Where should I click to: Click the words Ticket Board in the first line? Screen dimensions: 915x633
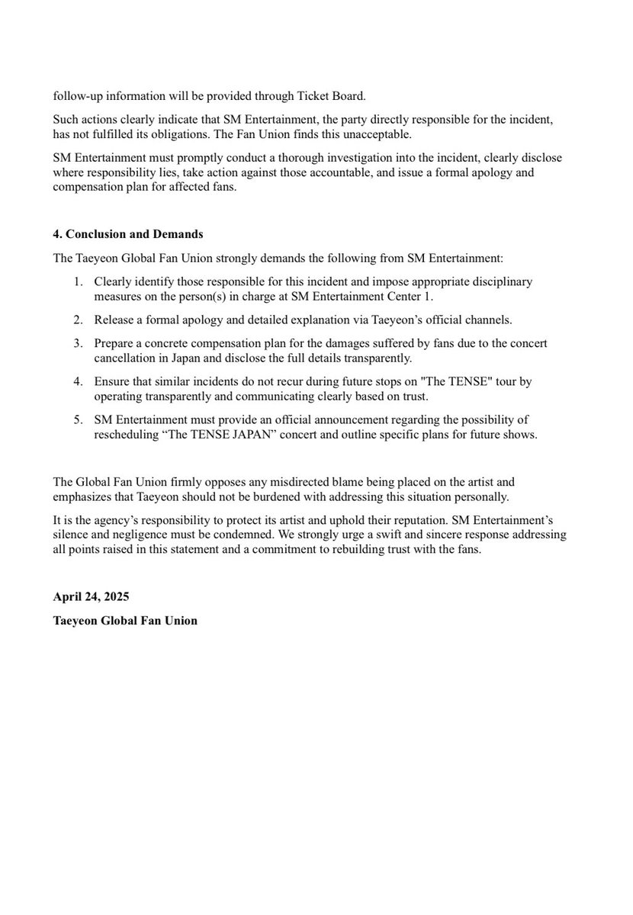336,96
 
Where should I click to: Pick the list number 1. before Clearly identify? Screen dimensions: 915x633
79,281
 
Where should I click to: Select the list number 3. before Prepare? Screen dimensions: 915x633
79,343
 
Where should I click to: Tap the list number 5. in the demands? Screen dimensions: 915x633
79,420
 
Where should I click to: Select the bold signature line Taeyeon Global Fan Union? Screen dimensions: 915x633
125,621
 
